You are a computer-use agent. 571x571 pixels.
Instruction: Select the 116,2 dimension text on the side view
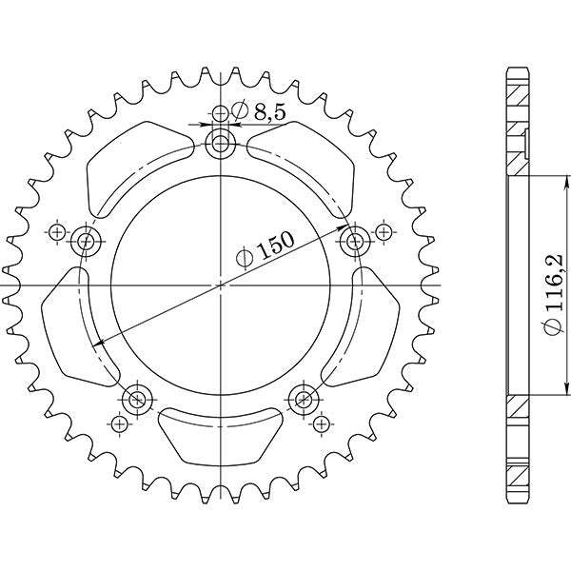549,285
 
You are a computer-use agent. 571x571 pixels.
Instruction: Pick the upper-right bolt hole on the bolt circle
358,239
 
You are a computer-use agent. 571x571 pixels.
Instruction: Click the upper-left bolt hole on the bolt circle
88,240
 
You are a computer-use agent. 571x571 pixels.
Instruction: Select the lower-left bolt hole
138,397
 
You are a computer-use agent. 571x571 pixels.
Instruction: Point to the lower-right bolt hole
305,397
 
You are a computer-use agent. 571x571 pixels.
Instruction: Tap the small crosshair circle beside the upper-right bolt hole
383,231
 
